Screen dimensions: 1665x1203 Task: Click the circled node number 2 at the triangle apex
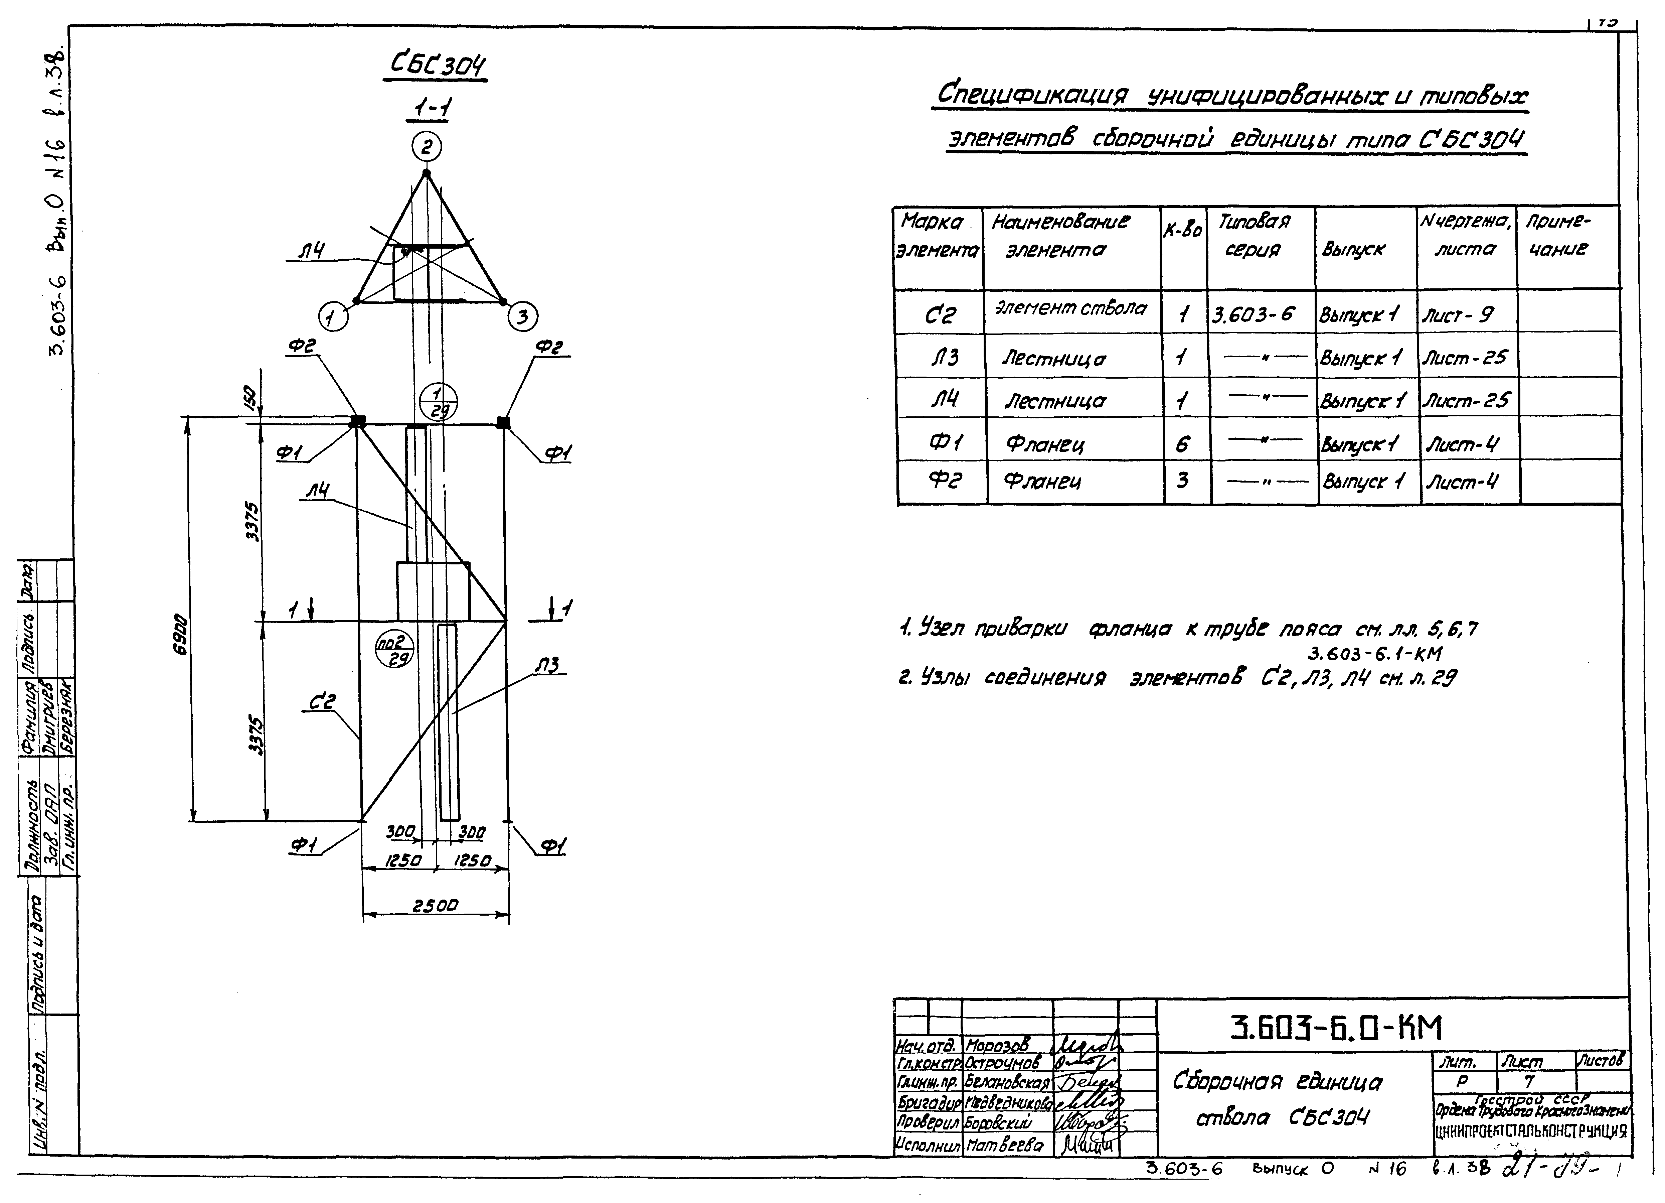[x=427, y=147]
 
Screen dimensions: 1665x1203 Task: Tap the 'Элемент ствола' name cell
[x=1070, y=308]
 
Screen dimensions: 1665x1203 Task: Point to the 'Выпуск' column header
[x=1353, y=250]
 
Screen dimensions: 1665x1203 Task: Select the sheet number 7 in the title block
[x=1528, y=1082]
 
